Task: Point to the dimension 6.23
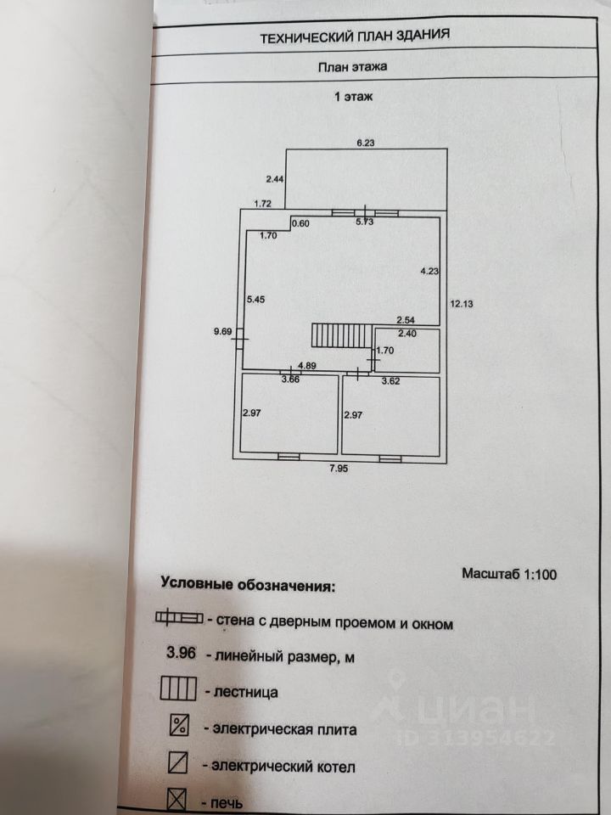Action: click(365, 143)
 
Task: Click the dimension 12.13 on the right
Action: click(462, 303)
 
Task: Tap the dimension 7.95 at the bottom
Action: click(339, 467)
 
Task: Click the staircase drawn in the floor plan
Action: click(341, 335)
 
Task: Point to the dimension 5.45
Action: click(255, 299)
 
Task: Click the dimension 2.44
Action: click(274, 179)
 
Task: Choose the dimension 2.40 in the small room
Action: click(407, 334)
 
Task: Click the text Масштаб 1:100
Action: click(509, 574)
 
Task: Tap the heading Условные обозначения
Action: click(248, 585)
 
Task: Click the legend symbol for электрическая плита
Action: click(178, 727)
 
